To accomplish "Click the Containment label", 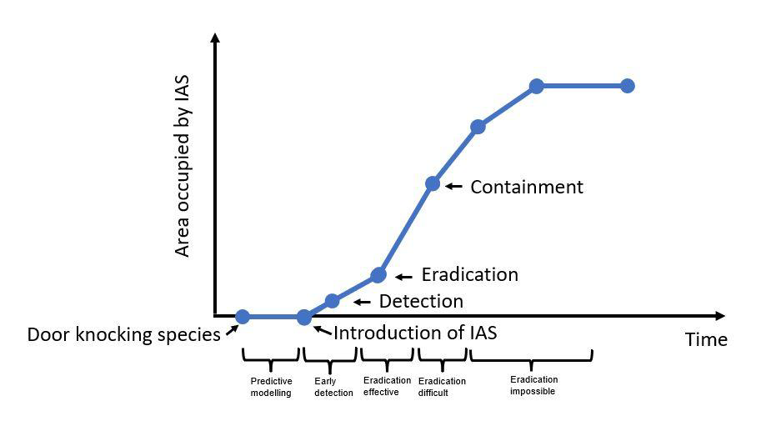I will pos(527,187).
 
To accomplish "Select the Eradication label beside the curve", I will pos(469,275).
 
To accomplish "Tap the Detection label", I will pos(421,302).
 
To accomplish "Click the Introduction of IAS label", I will pos(415,333).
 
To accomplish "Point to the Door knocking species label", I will pos(124,335).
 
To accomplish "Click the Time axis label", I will pos(706,339).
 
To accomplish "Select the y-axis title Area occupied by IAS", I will pos(183,167).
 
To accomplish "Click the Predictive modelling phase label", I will pos(272,387).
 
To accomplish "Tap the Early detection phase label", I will pos(333,387).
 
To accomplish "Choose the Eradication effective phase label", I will pos(388,386).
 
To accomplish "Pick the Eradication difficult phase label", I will pos(442,387).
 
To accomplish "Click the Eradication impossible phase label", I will pos(533,385).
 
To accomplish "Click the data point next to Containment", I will pos(433,183).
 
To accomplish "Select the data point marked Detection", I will pos(332,301).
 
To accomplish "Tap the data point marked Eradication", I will pos(378,275).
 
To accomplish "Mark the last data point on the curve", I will pos(628,86).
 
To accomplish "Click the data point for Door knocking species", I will pos(243,317).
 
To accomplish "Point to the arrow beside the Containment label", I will pos(453,187).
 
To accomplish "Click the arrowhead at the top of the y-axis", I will pos(216,38).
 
